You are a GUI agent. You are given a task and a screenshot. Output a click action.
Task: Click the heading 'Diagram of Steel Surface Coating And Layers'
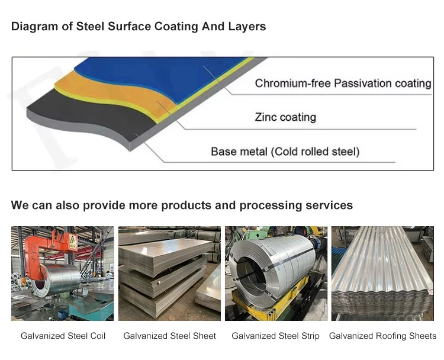pyautogui.click(x=139, y=27)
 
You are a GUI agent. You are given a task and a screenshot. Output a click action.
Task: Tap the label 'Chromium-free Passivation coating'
pyautogui.click(x=343, y=83)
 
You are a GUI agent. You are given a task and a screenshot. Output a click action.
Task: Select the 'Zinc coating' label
pyautogui.click(x=285, y=117)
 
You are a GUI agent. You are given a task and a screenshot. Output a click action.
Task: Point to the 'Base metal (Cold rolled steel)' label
pyautogui.click(x=285, y=152)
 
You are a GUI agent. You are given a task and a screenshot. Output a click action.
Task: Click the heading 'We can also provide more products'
pyautogui.click(x=182, y=205)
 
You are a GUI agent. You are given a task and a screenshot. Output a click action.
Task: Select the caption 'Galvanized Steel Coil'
pyautogui.click(x=63, y=336)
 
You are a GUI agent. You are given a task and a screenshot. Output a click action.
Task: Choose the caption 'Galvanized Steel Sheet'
pyautogui.click(x=169, y=336)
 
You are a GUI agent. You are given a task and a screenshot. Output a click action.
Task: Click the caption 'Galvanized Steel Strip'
pyautogui.click(x=275, y=336)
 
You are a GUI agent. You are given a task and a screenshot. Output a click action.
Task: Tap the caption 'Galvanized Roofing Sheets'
pyautogui.click(x=382, y=336)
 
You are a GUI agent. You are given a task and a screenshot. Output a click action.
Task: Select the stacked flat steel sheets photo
pyautogui.click(x=169, y=272)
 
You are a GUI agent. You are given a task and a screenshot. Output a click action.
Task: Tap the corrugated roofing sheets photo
pyautogui.click(x=382, y=272)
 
